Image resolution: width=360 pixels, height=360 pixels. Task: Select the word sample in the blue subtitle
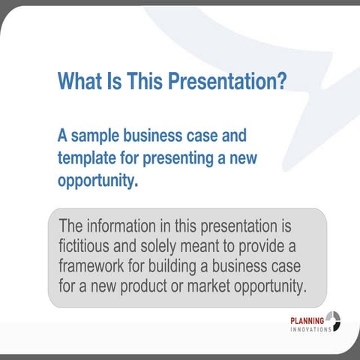96,137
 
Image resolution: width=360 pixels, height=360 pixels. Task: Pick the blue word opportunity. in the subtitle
98,181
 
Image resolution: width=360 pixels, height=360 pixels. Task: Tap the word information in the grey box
127,226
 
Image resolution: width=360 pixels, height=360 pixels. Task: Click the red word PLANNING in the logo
307,321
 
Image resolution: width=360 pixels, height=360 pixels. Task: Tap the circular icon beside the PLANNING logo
334,322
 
